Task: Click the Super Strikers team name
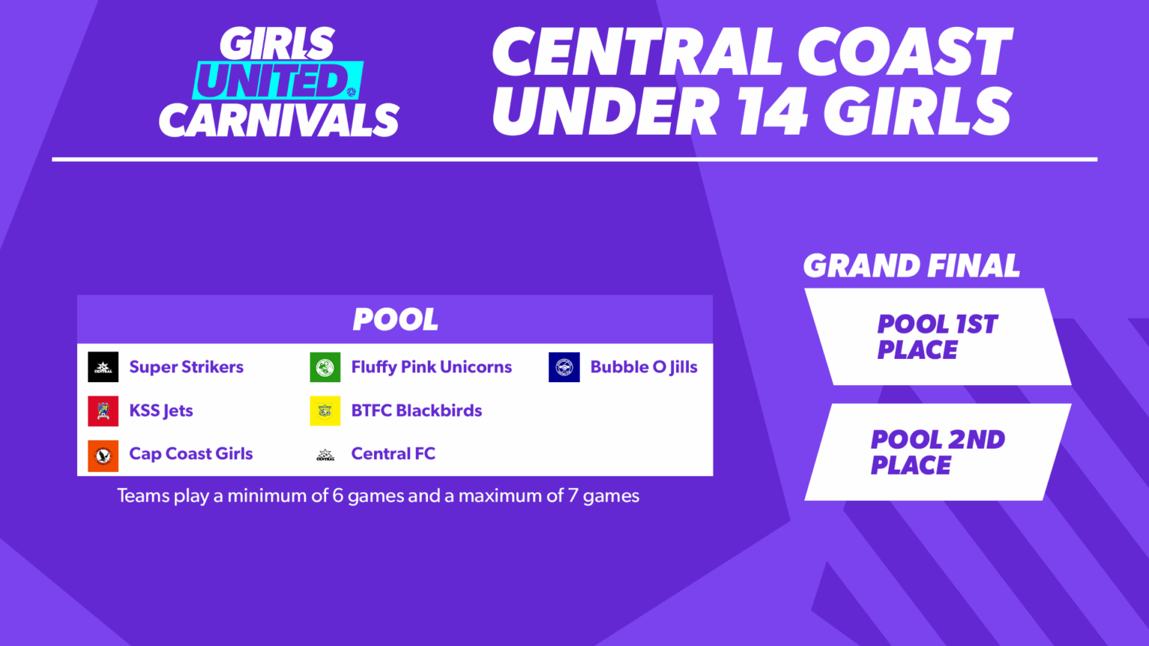pyautogui.click(x=186, y=367)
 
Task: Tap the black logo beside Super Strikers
pyautogui.click(x=103, y=367)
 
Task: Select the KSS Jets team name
pyautogui.click(x=161, y=410)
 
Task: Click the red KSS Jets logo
pyautogui.click(x=103, y=410)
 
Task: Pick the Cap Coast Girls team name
pyautogui.click(x=191, y=454)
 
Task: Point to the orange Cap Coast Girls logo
pyautogui.click(x=103, y=455)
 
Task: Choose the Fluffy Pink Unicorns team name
pyautogui.click(x=431, y=367)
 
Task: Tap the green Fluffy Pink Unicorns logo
pyautogui.click(x=325, y=367)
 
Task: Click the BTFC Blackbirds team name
pyautogui.click(x=416, y=410)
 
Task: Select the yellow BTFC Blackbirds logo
pyautogui.click(x=325, y=410)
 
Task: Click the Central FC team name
pyautogui.click(x=393, y=454)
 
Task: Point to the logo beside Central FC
pyautogui.click(x=325, y=455)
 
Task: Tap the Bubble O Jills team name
pyautogui.click(x=643, y=367)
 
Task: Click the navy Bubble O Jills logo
pyautogui.click(x=564, y=367)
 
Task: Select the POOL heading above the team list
pyautogui.click(x=395, y=319)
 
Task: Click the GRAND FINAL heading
pyautogui.click(x=911, y=265)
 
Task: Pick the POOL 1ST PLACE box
pyautogui.click(x=937, y=336)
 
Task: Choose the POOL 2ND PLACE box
pyautogui.click(x=937, y=452)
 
